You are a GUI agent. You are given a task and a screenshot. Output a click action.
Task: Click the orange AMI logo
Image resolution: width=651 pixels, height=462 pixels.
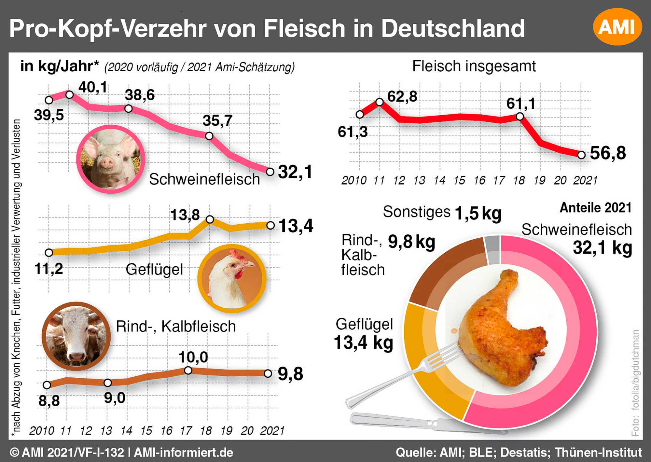click(617, 27)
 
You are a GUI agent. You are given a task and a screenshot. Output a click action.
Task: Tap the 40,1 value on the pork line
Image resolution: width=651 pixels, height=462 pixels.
click(93, 87)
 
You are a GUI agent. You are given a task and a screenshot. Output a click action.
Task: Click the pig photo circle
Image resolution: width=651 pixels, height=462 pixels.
click(111, 159)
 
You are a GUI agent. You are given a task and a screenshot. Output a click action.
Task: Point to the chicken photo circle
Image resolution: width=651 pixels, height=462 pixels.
click(232, 279)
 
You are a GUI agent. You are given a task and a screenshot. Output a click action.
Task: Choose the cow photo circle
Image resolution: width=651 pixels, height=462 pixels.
click(76, 336)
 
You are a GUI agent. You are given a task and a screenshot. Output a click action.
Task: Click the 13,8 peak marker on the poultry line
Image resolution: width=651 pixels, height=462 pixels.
click(210, 220)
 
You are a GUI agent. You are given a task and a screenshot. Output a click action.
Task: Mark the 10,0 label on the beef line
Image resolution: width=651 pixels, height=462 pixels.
click(193, 357)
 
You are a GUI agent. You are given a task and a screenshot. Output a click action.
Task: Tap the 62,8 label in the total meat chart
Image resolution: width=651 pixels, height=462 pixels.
click(402, 97)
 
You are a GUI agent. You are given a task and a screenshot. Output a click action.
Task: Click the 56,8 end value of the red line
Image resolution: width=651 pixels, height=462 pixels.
click(608, 153)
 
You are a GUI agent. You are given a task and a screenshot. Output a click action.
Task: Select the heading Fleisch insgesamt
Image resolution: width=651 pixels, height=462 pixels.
click(474, 66)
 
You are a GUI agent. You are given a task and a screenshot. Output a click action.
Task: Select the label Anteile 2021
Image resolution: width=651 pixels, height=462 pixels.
click(595, 208)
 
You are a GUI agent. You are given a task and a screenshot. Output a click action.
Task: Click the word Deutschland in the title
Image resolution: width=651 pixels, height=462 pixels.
click(452, 29)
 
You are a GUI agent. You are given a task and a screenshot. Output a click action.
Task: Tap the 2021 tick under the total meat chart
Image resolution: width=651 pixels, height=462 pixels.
click(585, 180)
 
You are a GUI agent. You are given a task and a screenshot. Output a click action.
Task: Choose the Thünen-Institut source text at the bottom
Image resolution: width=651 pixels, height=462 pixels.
click(598, 453)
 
